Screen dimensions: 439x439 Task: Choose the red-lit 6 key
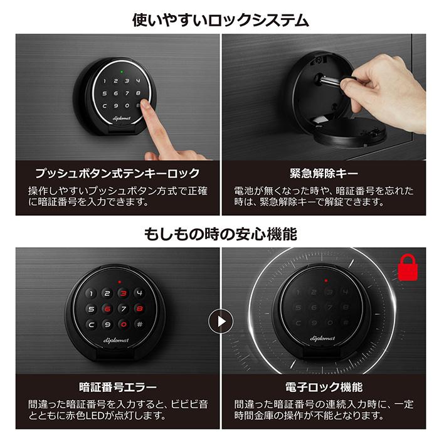tap(107, 309)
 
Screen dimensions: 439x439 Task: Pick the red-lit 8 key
tap(139, 309)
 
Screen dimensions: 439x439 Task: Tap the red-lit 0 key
tap(123, 324)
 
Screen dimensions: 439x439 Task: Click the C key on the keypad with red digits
tap(92, 324)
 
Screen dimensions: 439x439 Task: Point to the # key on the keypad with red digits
tap(139, 324)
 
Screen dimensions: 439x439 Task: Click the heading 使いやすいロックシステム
tap(220, 19)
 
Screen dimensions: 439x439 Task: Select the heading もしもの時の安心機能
tap(220, 235)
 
